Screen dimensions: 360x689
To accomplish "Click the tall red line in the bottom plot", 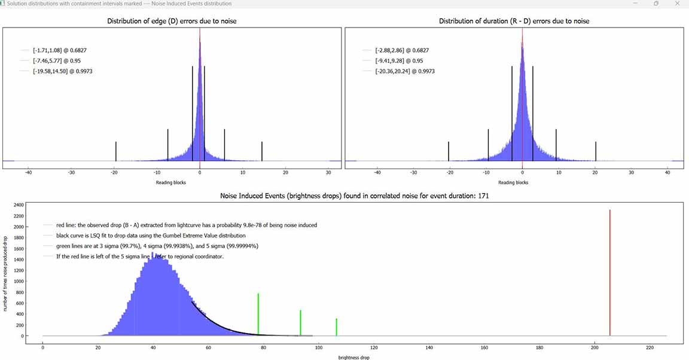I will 609,272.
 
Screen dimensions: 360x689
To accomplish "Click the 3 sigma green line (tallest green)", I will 258,314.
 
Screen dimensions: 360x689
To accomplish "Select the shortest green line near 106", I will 337,327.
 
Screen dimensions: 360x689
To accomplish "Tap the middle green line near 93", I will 300,323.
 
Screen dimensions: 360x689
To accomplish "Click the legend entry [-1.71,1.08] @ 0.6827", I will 56,50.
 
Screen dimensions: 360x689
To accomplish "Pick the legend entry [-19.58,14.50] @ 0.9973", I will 62,71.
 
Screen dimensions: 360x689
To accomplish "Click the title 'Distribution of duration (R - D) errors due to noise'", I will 514,22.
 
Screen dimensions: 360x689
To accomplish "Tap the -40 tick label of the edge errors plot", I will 28,172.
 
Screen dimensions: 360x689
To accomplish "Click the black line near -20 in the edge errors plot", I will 115,151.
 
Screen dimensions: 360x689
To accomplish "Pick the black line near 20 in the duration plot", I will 596,151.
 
